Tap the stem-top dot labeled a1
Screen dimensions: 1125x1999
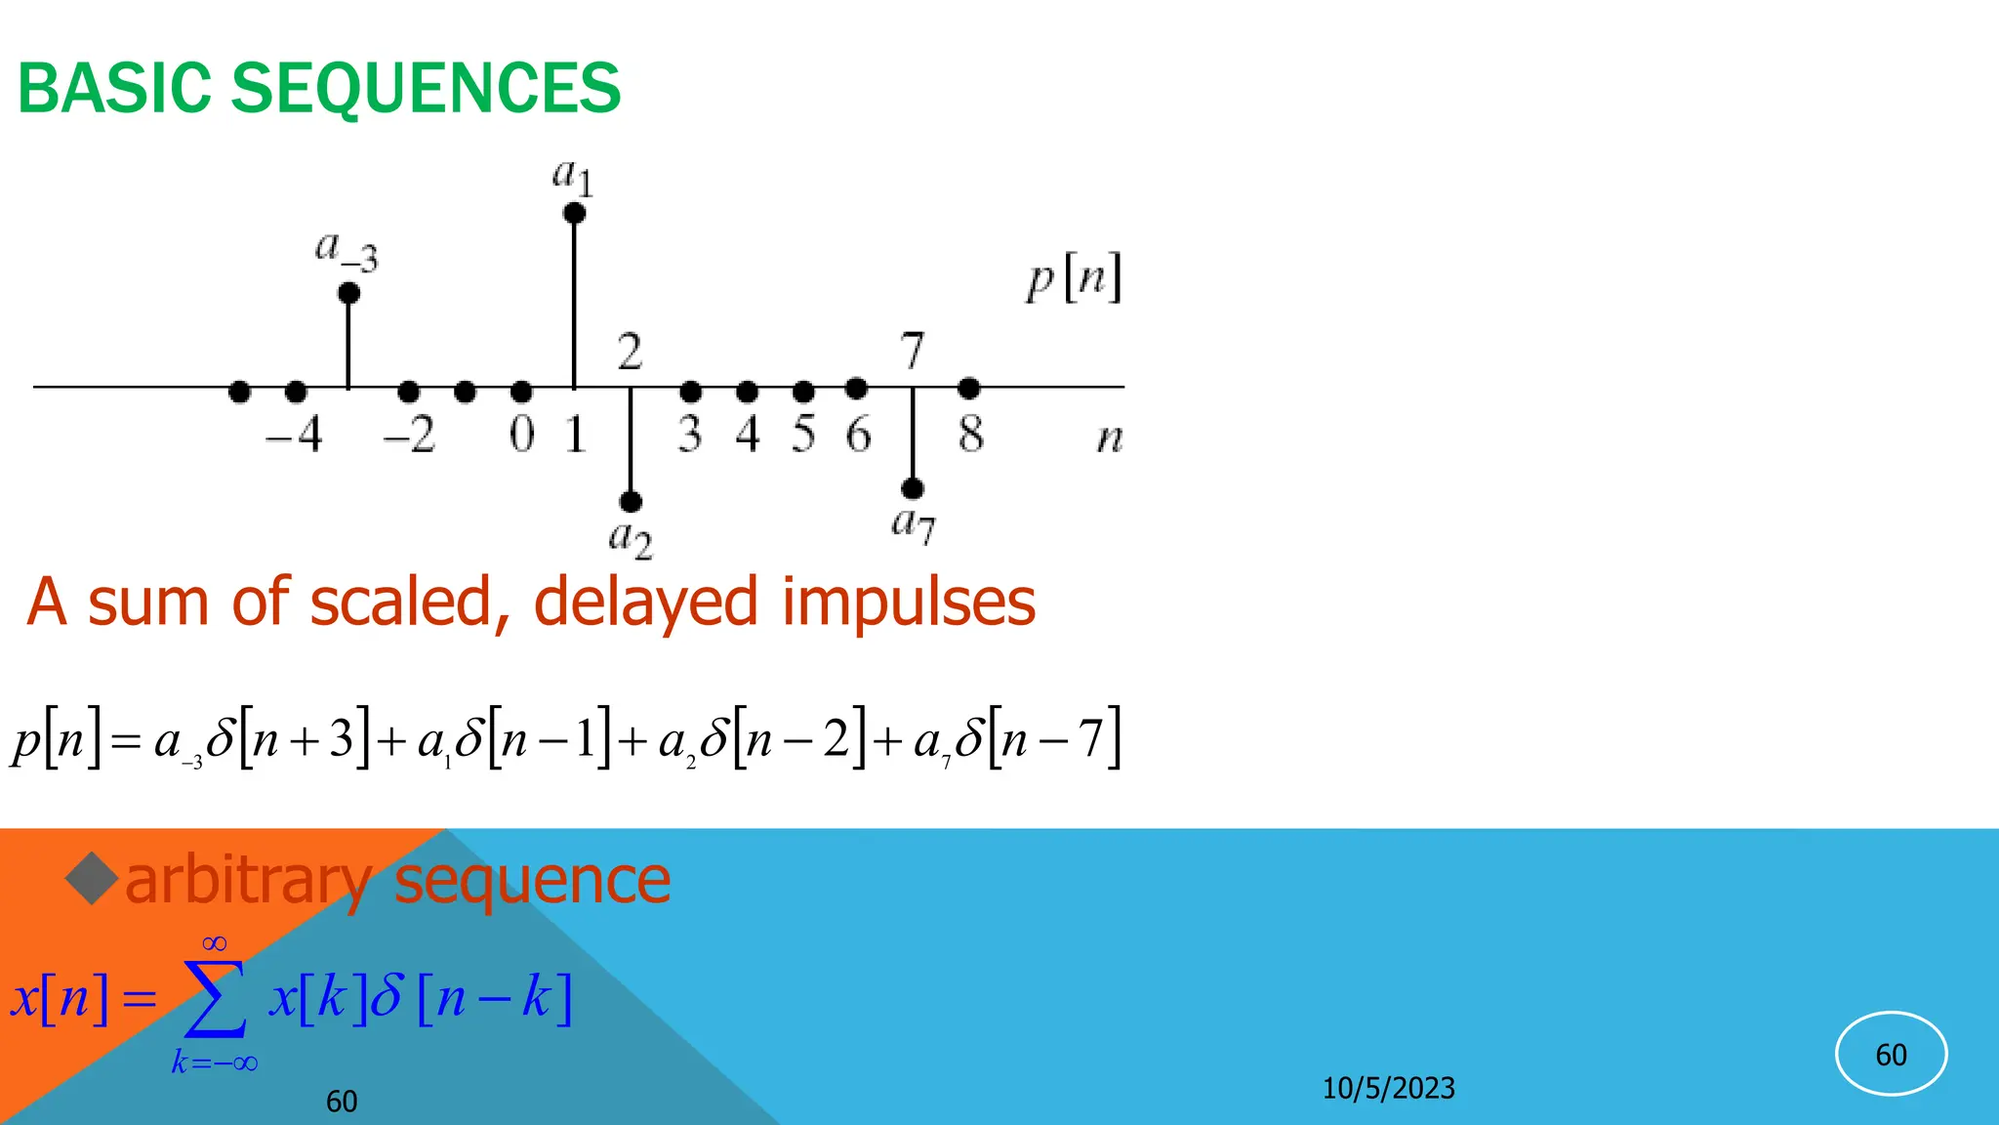575,213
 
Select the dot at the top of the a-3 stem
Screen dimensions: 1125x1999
348,293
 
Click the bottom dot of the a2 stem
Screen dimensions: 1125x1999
631,502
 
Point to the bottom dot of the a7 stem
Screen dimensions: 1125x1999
913,488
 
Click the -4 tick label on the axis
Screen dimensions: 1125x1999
295,435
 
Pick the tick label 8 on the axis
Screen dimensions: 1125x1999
970,435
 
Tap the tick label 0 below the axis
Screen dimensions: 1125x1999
522,435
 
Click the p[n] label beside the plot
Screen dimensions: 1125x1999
1074,278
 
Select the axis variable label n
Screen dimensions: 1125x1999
1110,437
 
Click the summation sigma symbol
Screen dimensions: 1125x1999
216,999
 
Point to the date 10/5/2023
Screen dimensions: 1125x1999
1388,1088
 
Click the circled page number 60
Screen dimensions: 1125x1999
1891,1055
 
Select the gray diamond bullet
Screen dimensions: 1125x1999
92,878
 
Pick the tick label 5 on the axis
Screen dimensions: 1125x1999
803,435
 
